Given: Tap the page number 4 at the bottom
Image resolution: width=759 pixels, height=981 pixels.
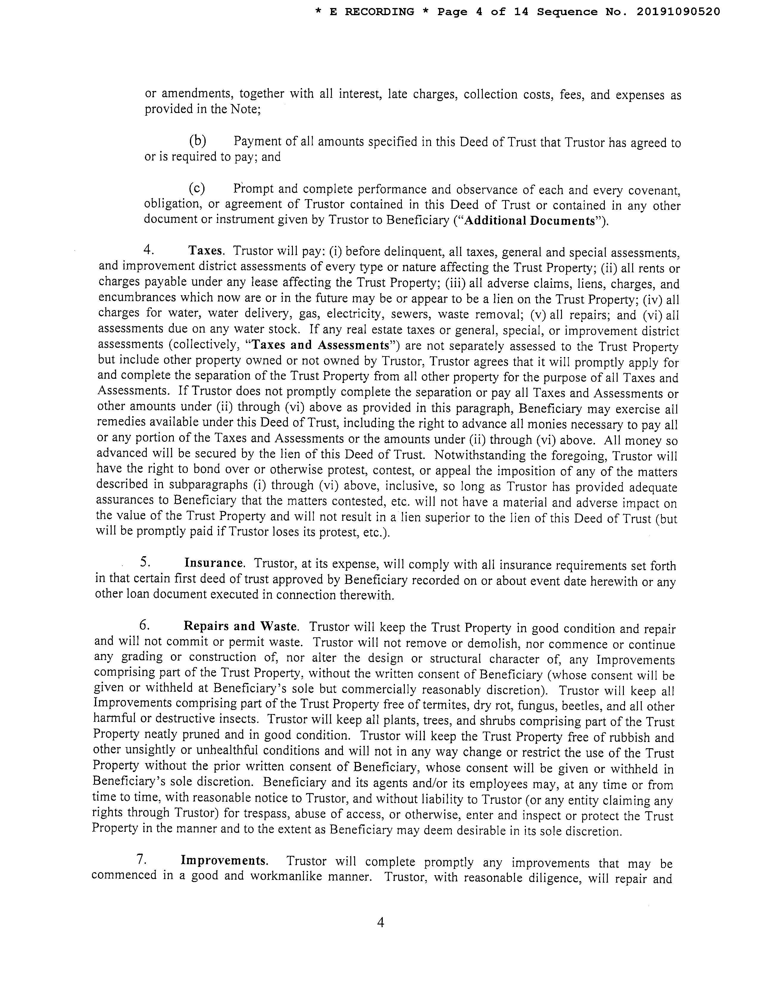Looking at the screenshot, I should (x=380, y=923).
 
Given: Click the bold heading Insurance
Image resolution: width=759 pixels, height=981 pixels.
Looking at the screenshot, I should (x=214, y=563).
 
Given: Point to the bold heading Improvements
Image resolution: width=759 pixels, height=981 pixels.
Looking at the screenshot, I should (x=224, y=861).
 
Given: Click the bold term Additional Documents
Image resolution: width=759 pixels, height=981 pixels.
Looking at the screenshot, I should (x=529, y=221).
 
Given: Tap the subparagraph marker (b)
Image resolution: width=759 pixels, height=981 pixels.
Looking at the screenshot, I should (x=197, y=141).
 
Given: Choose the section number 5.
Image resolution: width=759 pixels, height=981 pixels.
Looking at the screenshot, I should (x=145, y=562).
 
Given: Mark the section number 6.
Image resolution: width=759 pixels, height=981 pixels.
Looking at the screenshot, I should (x=144, y=625).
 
